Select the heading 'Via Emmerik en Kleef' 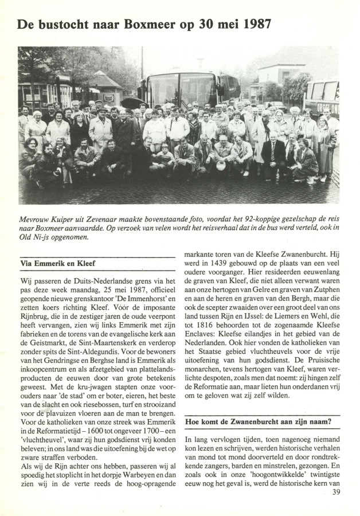pyautogui.click(x=57, y=264)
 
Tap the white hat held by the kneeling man pyautogui.click(x=220, y=166)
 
